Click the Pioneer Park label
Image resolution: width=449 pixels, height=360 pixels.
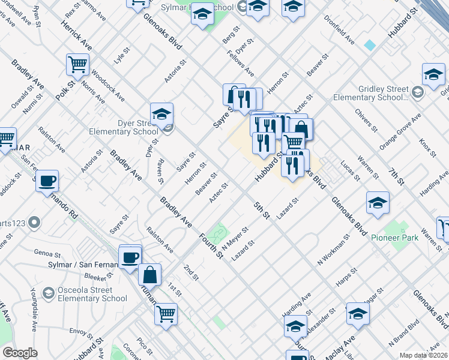(x=402, y=238)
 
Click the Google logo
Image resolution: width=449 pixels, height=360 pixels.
(x=20, y=353)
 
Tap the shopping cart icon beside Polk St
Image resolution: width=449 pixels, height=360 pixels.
(x=77, y=64)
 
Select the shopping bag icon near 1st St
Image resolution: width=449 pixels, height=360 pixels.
(x=150, y=275)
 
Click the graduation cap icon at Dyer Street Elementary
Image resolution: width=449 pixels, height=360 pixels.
(x=161, y=113)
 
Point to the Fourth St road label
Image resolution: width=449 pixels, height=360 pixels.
(x=211, y=245)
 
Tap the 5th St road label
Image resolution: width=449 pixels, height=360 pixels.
(x=261, y=210)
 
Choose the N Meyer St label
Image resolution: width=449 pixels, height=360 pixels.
(x=235, y=238)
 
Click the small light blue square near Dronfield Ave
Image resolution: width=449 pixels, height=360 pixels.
(x=370, y=45)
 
